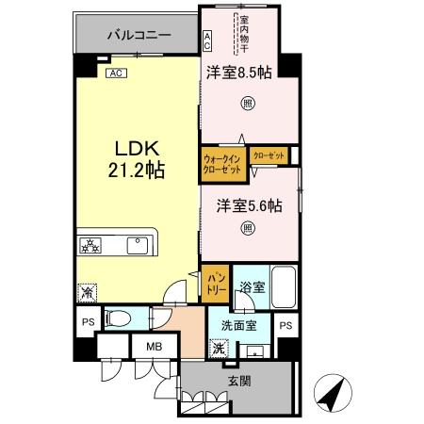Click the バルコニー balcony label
[138, 34]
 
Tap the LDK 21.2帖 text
[141, 159]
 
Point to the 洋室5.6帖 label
[248, 205]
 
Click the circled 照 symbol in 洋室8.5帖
[248, 103]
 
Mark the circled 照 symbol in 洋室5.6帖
[248, 227]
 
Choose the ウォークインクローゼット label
[222, 164]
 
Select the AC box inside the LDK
[115, 73]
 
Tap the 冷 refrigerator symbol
[87, 293]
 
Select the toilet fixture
[115, 318]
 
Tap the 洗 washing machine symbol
[219, 349]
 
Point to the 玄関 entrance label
[238, 381]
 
